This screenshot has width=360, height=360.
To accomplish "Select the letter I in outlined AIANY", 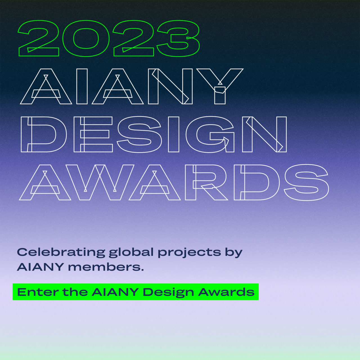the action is (82, 86).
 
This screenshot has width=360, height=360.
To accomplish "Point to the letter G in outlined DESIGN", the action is (192, 134).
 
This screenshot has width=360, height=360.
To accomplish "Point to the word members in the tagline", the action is (106, 267).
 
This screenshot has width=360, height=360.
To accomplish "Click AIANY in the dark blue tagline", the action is (40, 267).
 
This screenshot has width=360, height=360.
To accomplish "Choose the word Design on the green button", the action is (168, 292).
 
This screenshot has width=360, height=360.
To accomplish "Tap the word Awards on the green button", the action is (226, 292).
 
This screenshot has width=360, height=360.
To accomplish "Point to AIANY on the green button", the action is (115, 292).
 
